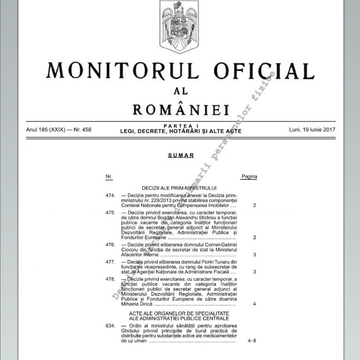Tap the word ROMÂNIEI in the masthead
181,110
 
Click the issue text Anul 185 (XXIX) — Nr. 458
58,129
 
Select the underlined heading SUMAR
180,156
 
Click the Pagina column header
249,176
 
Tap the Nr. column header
109,176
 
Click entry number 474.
110,196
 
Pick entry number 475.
110,213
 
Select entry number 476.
110,244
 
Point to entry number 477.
110,261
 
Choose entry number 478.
110,279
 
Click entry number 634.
110,326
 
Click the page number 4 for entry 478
255,304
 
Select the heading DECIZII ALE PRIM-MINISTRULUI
180,188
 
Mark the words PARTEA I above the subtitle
180,125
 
